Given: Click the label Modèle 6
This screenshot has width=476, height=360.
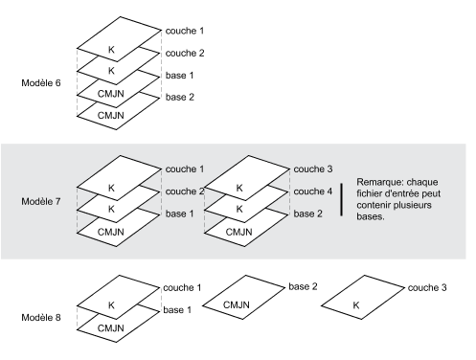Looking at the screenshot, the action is [41, 83].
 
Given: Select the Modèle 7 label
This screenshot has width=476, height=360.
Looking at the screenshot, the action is [41, 201].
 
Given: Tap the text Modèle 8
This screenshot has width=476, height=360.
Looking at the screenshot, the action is [41, 318].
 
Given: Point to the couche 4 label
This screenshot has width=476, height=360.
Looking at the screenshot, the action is [313, 191].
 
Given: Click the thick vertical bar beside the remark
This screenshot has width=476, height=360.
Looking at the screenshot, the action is [342, 199].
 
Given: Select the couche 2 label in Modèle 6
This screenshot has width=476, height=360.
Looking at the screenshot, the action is [185, 53].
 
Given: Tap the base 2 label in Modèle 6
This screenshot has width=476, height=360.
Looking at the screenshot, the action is [180, 97].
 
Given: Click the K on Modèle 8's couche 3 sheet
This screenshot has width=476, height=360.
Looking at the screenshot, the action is [356, 305].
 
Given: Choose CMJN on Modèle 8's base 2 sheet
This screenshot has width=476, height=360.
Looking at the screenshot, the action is [237, 304].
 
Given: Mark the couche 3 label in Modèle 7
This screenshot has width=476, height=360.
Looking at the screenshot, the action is [313, 169].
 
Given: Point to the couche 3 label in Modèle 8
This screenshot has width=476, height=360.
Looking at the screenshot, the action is [427, 287].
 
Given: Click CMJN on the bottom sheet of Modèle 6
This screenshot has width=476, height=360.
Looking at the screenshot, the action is [111, 115].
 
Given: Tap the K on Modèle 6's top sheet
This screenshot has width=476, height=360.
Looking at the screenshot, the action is [111, 50].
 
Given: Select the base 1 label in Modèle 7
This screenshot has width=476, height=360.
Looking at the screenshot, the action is [180, 214].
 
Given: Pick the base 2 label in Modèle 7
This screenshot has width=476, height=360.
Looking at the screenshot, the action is [307, 214].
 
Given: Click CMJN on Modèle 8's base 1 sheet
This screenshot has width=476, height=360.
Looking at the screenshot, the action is [111, 328].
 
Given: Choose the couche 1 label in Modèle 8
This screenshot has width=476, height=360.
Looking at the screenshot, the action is [182, 287].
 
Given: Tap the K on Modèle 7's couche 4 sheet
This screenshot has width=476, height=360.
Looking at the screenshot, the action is [239, 209].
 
